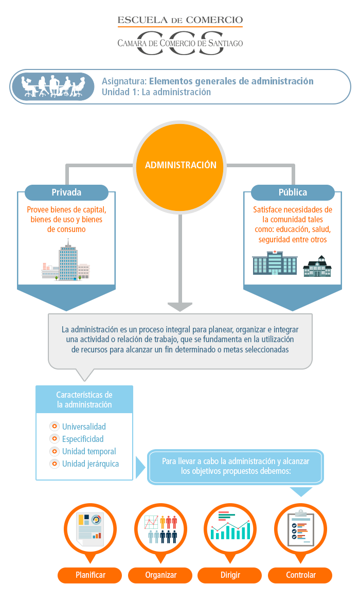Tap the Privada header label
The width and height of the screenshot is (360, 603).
tap(66, 192)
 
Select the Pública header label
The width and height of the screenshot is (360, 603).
tap(293, 192)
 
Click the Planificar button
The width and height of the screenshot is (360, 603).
tap(90, 575)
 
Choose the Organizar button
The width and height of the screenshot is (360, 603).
tap(160, 575)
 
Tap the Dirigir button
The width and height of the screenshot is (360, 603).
tap(230, 575)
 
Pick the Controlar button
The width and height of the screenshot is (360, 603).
tap(300, 575)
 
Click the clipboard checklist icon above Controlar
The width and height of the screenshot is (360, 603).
tap(301, 528)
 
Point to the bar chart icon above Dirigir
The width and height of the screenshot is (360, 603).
tap(230, 525)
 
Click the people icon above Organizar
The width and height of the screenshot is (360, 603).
tap(160, 529)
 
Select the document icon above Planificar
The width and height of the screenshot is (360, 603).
tap(90, 529)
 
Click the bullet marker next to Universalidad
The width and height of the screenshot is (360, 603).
tap(55, 426)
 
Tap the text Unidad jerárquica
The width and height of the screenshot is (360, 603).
tap(91, 464)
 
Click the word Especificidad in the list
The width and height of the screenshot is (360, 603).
tap(83, 439)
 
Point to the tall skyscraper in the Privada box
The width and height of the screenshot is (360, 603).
tap(68, 260)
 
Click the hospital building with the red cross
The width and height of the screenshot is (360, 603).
tap(274, 262)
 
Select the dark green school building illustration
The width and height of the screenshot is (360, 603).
tap(317, 266)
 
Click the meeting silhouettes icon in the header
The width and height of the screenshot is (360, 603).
tap(52, 86)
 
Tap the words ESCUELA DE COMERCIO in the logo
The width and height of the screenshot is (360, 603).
tap(180, 20)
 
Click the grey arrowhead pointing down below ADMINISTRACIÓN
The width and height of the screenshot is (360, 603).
tap(180, 307)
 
